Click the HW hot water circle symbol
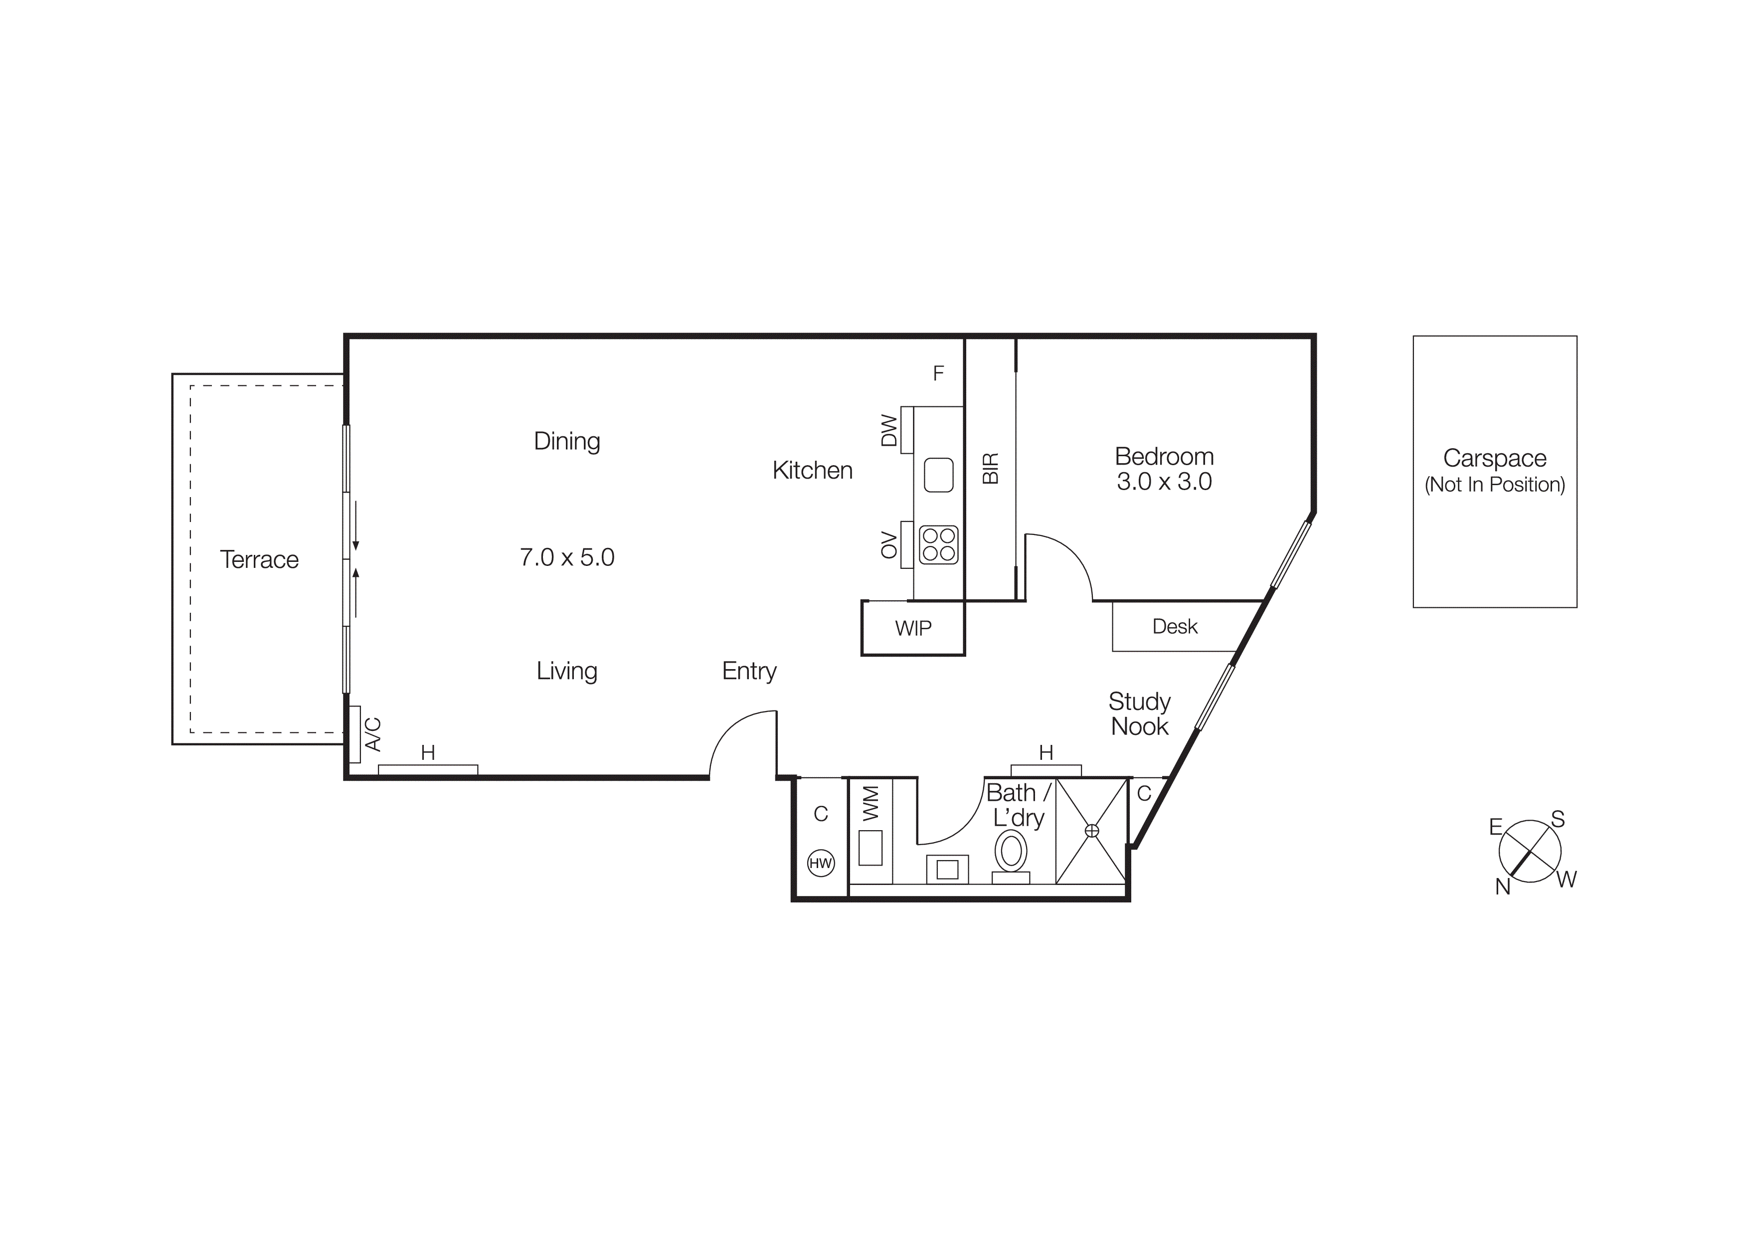(821, 863)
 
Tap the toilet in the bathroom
(1011, 852)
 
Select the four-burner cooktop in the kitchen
(938, 544)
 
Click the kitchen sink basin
(938, 475)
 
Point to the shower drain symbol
(1091, 830)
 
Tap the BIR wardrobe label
(990, 468)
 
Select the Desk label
(1175, 627)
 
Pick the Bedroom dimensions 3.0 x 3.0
(1164, 481)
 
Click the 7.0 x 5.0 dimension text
(567, 557)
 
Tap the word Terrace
(259, 560)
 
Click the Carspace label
(1495, 459)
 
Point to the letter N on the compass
(1502, 887)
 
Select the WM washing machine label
(871, 803)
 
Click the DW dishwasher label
(889, 430)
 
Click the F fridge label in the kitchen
(938, 373)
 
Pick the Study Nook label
(1139, 713)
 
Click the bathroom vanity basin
(947, 869)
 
